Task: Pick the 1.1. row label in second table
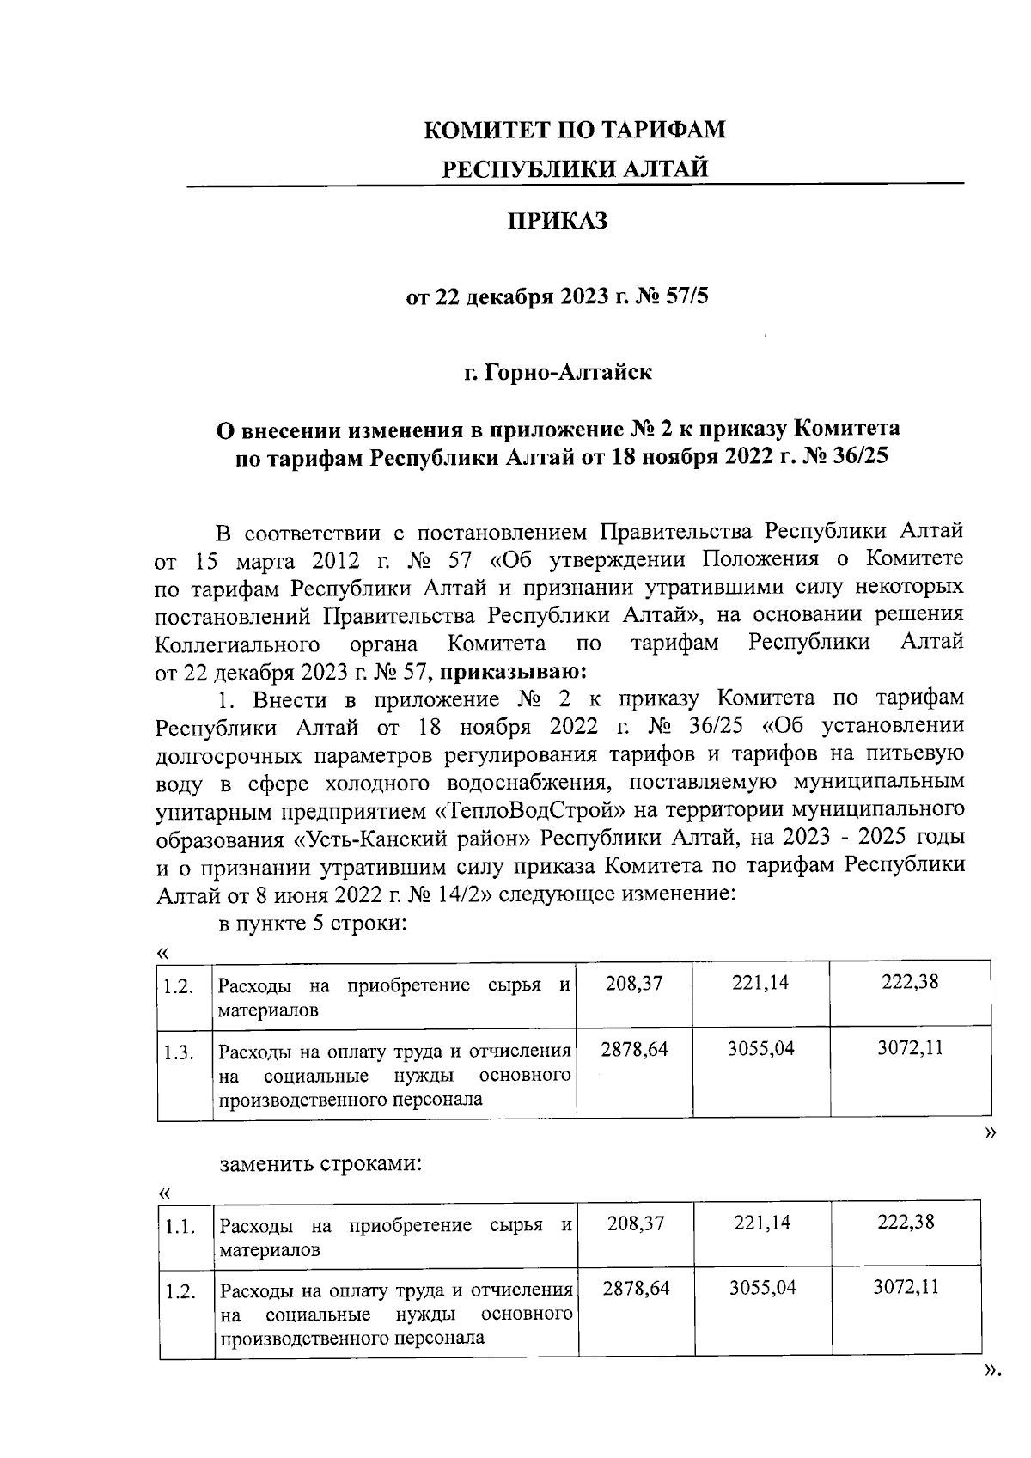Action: point(180,1226)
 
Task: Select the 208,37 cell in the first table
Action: point(633,983)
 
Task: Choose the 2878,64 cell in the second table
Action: point(636,1287)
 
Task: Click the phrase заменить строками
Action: point(320,1166)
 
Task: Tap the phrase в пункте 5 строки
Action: point(311,925)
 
